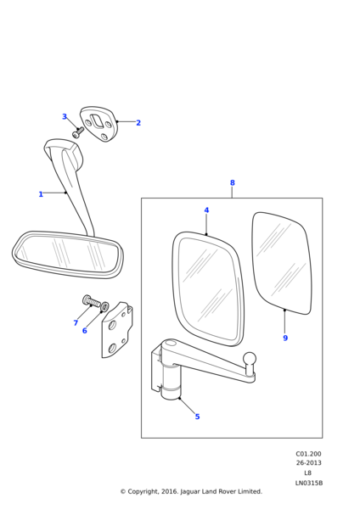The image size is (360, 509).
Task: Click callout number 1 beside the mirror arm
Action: point(41,194)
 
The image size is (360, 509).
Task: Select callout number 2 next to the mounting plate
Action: point(138,123)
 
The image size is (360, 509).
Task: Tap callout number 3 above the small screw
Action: point(65,116)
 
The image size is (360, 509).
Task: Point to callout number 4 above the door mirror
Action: point(206,210)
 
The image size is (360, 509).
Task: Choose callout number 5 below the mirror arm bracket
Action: point(197,417)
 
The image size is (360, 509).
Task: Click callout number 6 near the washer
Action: point(84,331)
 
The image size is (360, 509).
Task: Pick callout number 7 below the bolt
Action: point(76,322)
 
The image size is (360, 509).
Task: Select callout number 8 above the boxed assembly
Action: point(233,182)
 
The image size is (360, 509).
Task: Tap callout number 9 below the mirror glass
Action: point(285,338)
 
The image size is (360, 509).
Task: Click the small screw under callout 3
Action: point(78,132)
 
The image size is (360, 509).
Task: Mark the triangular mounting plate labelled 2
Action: point(99,123)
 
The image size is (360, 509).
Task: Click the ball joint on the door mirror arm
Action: point(250,359)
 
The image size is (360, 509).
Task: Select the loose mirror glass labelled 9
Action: point(282,263)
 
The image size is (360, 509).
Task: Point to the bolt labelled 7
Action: point(92,301)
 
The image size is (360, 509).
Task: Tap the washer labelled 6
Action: point(105,306)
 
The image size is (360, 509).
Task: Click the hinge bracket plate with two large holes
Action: point(117,329)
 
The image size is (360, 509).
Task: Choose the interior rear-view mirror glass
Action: point(68,254)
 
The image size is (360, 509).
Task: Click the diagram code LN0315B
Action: point(309,483)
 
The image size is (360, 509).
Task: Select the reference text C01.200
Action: point(308,454)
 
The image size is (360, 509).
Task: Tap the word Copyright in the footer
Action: point(143,492)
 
